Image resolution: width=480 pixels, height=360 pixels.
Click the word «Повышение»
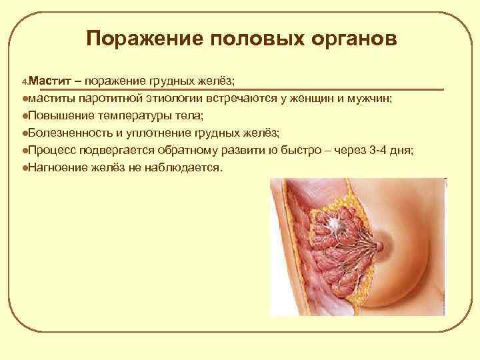(56, 116)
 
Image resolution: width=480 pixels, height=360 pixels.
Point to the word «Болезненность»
(65, 133)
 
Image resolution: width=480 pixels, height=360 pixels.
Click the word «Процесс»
(49, 150)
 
